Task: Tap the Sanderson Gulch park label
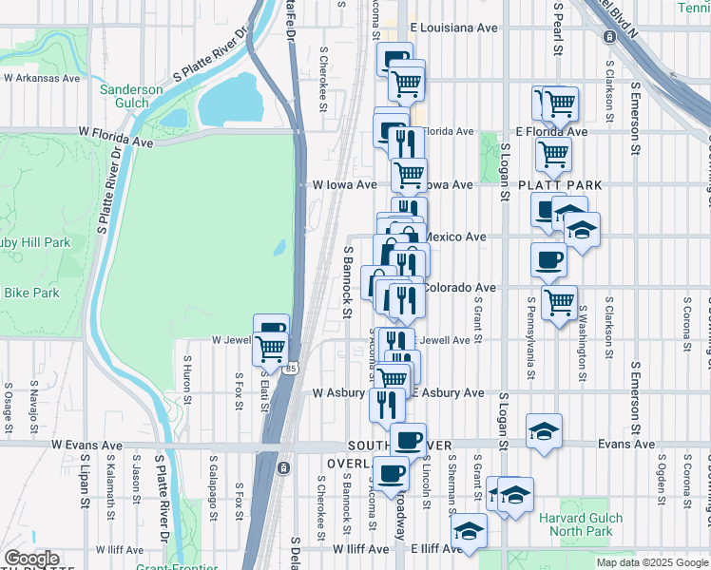click(x=131, y=97)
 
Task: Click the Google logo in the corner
click(x=31, y=559)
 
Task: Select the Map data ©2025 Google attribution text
click(x=651, y=562)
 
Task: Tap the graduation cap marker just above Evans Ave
click(x=544, y=431)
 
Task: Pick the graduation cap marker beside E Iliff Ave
click(x=469, y=531)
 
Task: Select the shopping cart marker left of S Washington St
click(x=559, y=301)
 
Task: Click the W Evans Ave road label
click(x=87, y=445)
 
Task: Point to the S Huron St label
click(x=187, y=381)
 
